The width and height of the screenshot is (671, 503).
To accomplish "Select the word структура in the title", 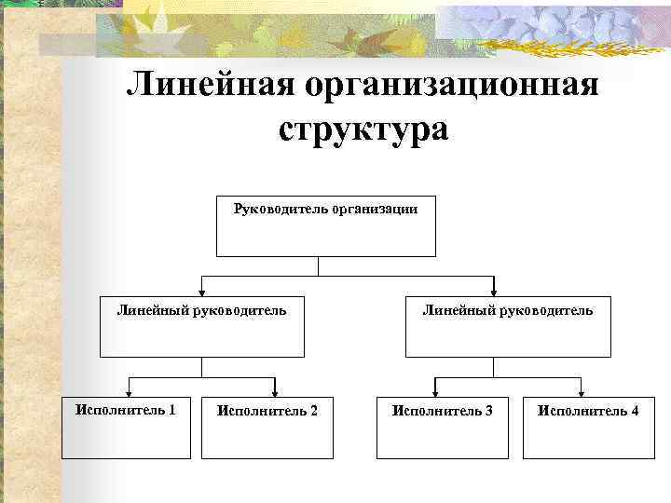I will click(363, 129).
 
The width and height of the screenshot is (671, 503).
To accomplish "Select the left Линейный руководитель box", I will click(201, 326).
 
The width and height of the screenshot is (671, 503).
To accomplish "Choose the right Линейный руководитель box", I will click(507, 326).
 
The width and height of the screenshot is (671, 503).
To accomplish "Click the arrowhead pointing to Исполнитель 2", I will click(275, 390).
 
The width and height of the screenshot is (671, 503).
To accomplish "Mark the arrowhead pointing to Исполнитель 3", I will click(434, 390).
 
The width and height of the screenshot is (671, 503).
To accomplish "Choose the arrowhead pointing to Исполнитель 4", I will click(582, 390).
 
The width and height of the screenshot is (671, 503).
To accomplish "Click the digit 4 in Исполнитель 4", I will click(635, 411).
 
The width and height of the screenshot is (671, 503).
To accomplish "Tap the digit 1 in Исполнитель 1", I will click(171, 409).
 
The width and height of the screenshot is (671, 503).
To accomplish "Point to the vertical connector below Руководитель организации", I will click(319, 266).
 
